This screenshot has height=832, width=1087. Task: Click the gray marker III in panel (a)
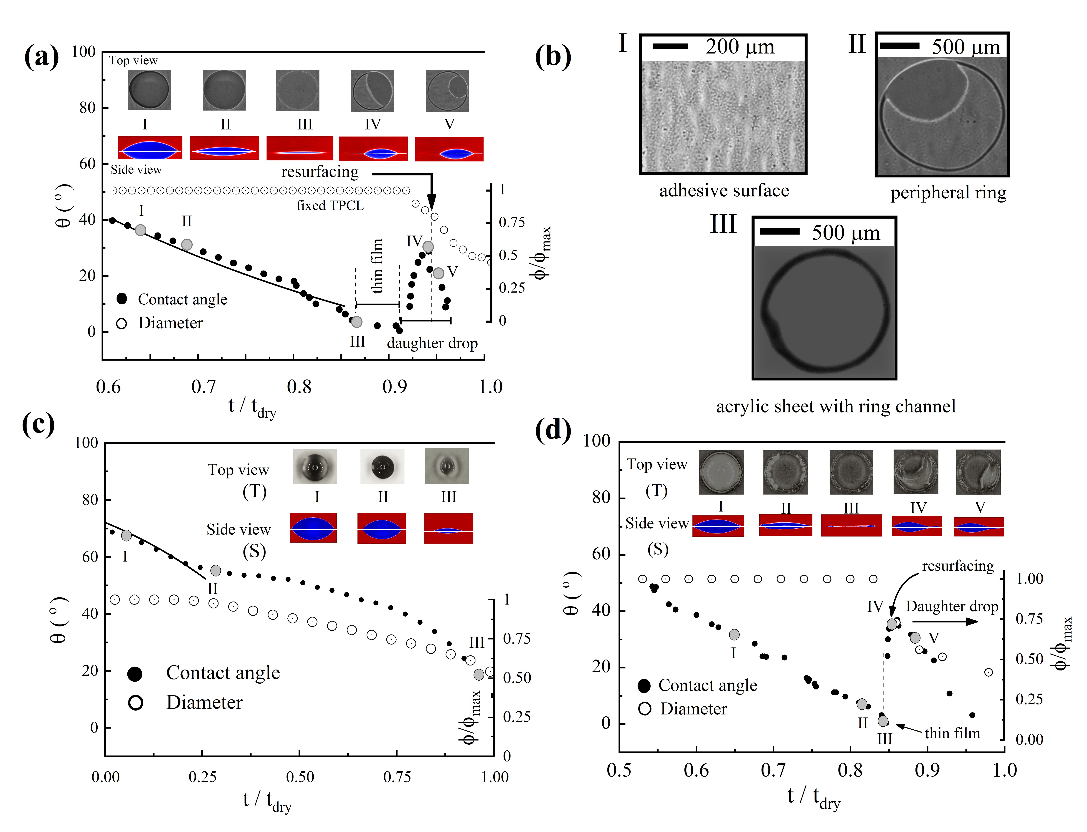pyautogui.click(x=356, y=322)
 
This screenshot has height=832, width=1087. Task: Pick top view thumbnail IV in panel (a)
pyautogui.click(x=373, y=91)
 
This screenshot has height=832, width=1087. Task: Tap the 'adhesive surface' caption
pyautogui.click(x=724, y=191)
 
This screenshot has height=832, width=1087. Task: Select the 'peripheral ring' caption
pyautogui.click(x=948, y=193)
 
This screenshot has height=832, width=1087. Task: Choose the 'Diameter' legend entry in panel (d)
pyautogui.click(x=693, y=709)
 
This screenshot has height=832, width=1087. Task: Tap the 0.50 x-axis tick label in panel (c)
pyautogui.click(x=300, y=777)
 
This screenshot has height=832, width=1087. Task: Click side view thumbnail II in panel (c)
pyautogui.click(x=382, y=528)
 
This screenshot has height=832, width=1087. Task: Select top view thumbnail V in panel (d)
pyautogui.click(x=978, y=472)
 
